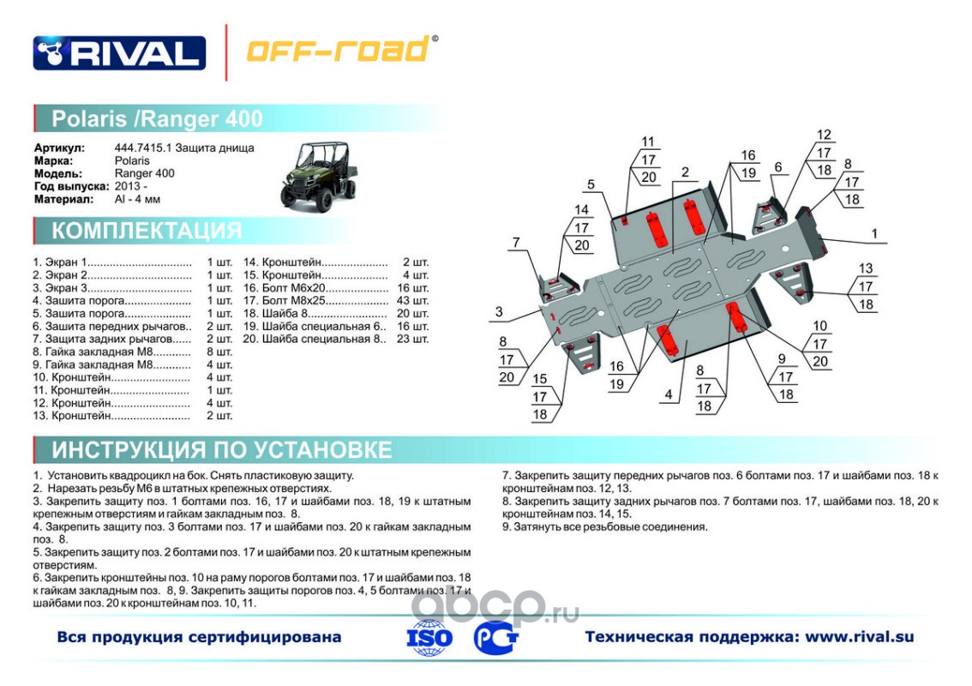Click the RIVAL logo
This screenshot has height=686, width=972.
click(119, 53)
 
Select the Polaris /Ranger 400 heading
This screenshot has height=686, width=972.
click(158, 118)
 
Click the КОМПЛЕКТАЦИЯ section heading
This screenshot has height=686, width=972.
click(147, 231)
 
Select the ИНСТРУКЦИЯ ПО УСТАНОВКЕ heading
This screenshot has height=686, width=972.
click(222, 450)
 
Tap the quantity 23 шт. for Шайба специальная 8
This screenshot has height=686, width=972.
click(412, 340)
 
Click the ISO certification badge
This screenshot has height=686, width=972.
click(429, 638)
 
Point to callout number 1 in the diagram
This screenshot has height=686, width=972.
click(874, 234)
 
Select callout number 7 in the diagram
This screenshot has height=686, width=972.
click(516, 244)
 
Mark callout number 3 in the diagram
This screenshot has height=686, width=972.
click(499, 312)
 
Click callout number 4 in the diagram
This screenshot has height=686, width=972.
click(666, 395)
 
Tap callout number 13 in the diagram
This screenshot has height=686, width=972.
click(866, 269)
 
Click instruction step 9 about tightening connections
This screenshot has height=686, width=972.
click(605, 527)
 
